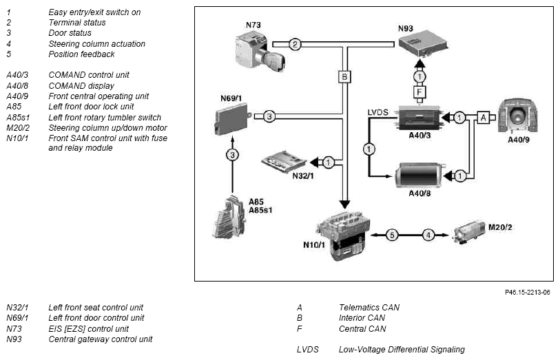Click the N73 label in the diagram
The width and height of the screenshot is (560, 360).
tap(253, 25)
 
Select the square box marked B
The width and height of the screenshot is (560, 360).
tap(344, 77)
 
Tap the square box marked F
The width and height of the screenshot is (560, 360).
tap(419, 91)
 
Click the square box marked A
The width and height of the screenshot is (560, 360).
tap(483, 118)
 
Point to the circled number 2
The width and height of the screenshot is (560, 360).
tap(295, 45)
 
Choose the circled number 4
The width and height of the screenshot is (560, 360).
tap(428, 235)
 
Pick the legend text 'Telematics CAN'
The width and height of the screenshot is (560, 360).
tap(369, 307)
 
